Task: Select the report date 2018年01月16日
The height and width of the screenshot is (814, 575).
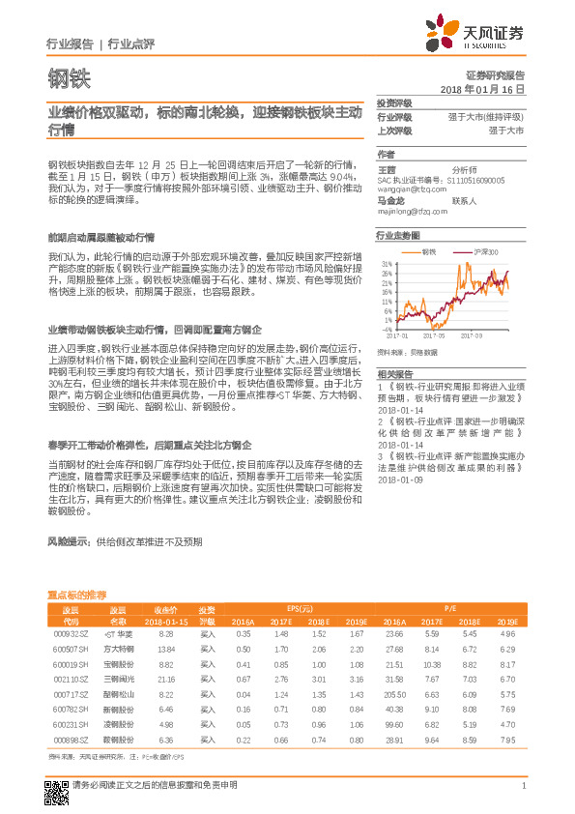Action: (482, 88)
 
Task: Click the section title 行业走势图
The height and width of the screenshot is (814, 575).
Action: (397, 235)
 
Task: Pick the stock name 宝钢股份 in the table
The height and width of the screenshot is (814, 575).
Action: (118, 665)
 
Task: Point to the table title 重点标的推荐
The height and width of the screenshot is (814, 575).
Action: (77, 594)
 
